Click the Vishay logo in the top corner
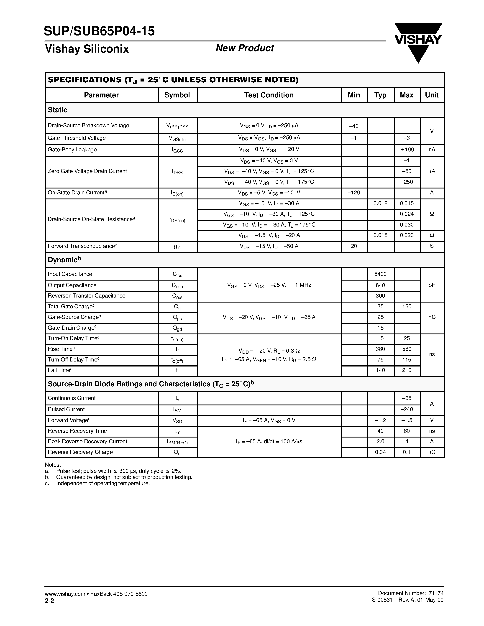tap(418, 42)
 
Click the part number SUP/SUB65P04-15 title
tap(99, 31)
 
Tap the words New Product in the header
tap(245, 48)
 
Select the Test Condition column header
tap(269, 95)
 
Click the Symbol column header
tap(177, 95)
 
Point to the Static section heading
tap(57, 110)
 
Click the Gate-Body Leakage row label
tap(72, 150)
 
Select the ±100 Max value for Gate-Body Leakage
tap(407, 150)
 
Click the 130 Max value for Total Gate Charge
tap(407, 306)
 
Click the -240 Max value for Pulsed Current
tap(407, 409)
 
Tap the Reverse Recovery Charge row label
tap(80, 452)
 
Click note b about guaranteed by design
tap(124, 477)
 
